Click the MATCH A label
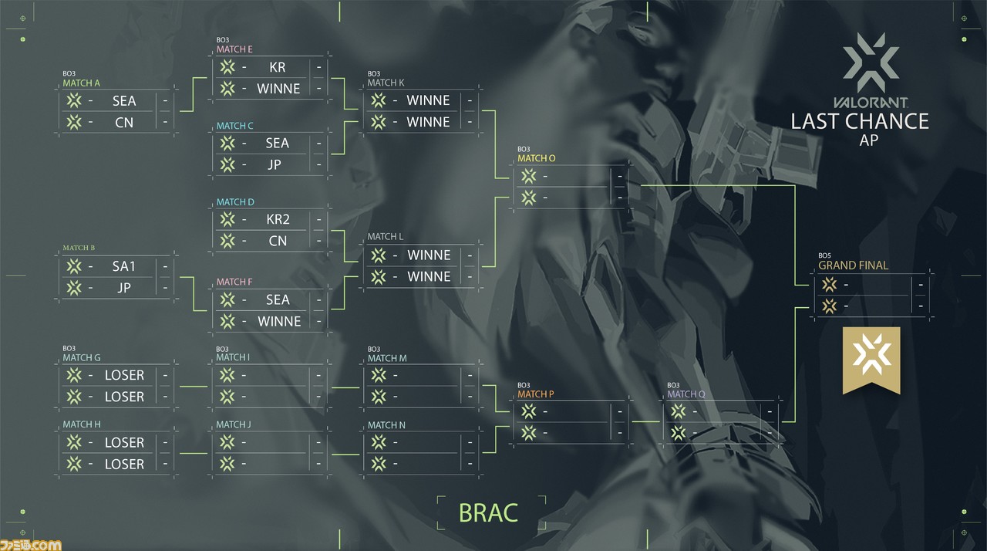pos(81,83)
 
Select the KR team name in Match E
pos(277,67)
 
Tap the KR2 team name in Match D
pos(278,219)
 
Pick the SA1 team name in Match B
pos(123,266)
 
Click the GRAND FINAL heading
pos(853,265)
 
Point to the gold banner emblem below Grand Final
pos(871,360)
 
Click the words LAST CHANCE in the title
pos(860,122)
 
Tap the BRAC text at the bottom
pos(488,512)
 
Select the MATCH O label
pos(536,158)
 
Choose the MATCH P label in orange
pos(535,394)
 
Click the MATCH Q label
pos(686,394)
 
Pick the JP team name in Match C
pos(274,164)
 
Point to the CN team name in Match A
pos(124,123)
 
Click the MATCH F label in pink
pos(234,282)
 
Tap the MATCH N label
pos(386,425)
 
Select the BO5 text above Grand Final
pos(824,255)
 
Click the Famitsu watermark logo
pos(30,546)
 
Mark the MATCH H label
pos(82,424)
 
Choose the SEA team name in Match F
pos(278,299)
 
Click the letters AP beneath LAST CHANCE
pos(868,140)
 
